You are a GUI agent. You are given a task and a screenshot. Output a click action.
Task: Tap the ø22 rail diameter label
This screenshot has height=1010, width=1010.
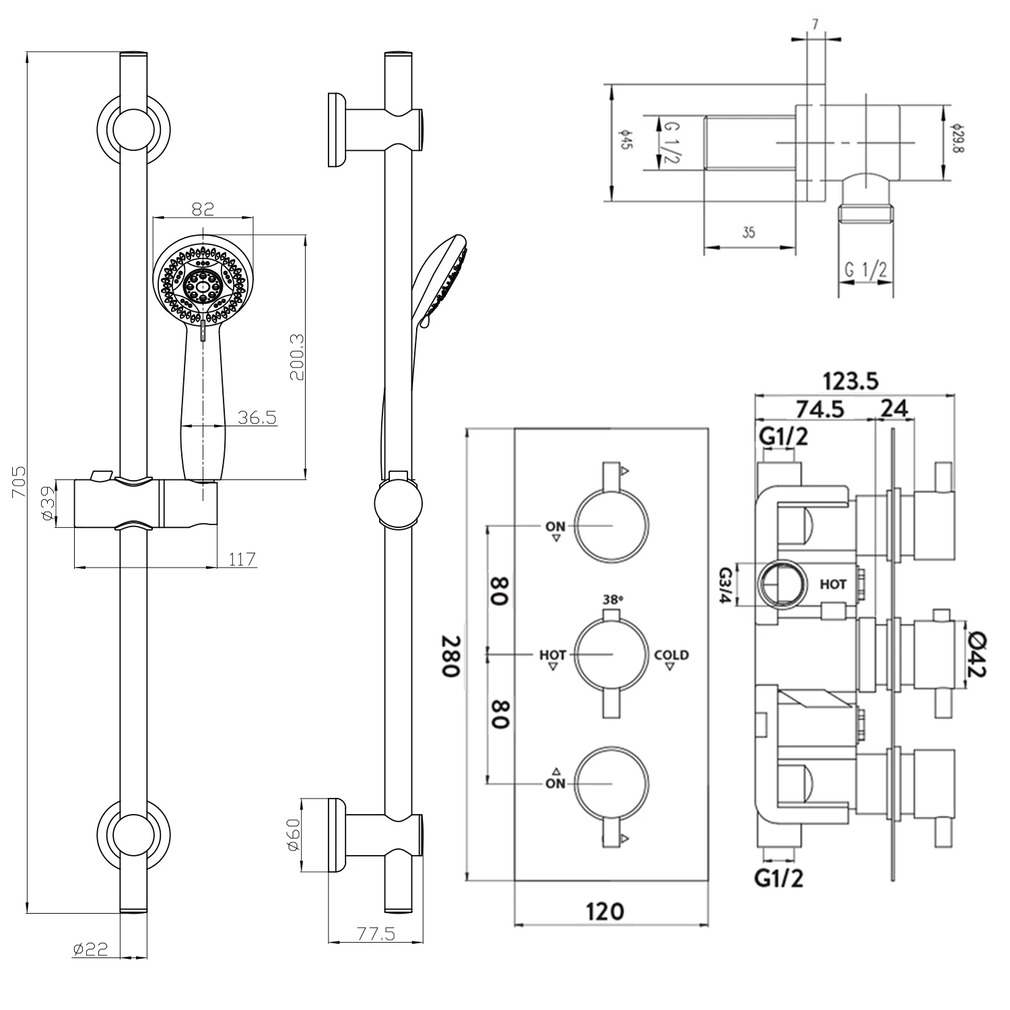[90, 949]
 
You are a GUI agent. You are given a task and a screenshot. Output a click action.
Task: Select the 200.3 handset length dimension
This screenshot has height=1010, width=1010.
[297, 357]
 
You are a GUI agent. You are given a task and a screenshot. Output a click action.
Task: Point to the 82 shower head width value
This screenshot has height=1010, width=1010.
[203, 209]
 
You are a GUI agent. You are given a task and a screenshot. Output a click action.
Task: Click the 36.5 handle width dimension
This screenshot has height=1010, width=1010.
[257, 417]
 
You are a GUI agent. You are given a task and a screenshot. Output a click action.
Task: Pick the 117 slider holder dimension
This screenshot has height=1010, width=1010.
[242, 559]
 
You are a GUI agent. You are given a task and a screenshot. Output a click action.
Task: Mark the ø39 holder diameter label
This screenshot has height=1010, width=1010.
[47, 504]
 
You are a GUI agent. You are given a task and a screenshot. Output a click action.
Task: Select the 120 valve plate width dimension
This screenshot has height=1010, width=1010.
[605, 912]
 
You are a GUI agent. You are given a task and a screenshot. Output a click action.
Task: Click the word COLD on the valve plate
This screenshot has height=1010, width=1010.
[671, 654]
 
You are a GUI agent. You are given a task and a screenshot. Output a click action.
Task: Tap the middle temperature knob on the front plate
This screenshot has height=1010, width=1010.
[611, 654]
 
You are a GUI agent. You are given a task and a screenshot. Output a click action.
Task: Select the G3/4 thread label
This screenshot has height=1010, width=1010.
[726, 585]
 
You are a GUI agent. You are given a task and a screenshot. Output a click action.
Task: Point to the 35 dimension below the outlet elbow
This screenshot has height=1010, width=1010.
[748, 233]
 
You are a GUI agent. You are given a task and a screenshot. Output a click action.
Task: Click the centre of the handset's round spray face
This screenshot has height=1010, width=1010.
[203, 285]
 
